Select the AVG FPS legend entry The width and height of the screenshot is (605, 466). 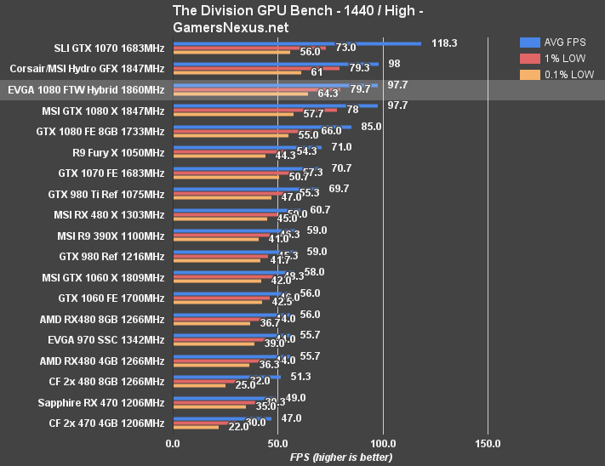tap(565, 42)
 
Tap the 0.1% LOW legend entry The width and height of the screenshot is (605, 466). tap(565, 76)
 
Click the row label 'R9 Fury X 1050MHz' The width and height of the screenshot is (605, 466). tap(118, 153)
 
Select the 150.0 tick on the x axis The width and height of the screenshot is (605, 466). tap(488, 443)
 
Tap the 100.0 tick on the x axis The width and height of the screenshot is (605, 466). tap(383, 443)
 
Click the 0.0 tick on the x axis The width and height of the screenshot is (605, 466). tap(173, 443)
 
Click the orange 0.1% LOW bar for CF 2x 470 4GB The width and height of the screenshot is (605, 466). tap(196, 427)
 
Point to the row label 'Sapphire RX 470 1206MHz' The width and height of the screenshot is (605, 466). tap(101, 402)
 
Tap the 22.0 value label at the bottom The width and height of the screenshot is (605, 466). tap(238, 427)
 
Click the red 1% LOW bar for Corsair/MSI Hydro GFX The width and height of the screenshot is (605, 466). tap(256, 67)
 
